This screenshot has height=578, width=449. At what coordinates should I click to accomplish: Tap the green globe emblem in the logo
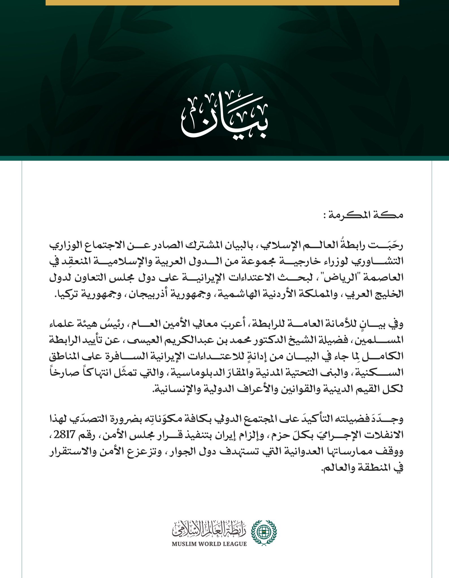point(264,533)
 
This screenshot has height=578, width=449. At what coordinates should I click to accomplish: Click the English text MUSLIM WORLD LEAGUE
point(209,544)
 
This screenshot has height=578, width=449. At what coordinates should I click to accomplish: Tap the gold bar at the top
point(222,3)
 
